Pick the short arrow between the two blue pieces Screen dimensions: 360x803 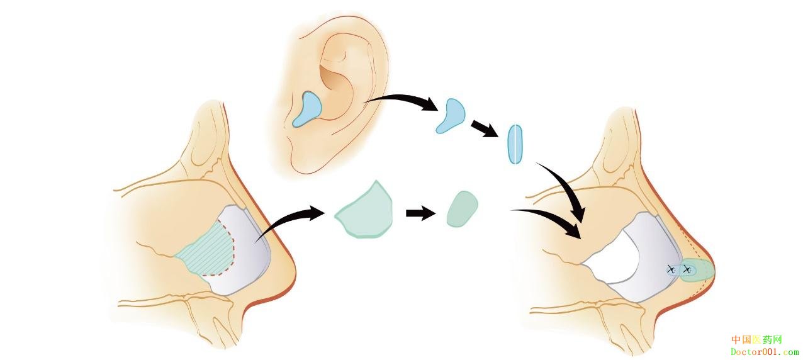(x=484, y=128)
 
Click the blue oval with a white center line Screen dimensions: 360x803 (x=515, y=144)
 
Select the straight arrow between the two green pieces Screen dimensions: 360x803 (x=420, y=213)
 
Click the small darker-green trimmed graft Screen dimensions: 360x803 (x=462, y=209)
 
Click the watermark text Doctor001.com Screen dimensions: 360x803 (x=764, y=352)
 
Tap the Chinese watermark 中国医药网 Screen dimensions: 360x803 (x=756, y=340)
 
